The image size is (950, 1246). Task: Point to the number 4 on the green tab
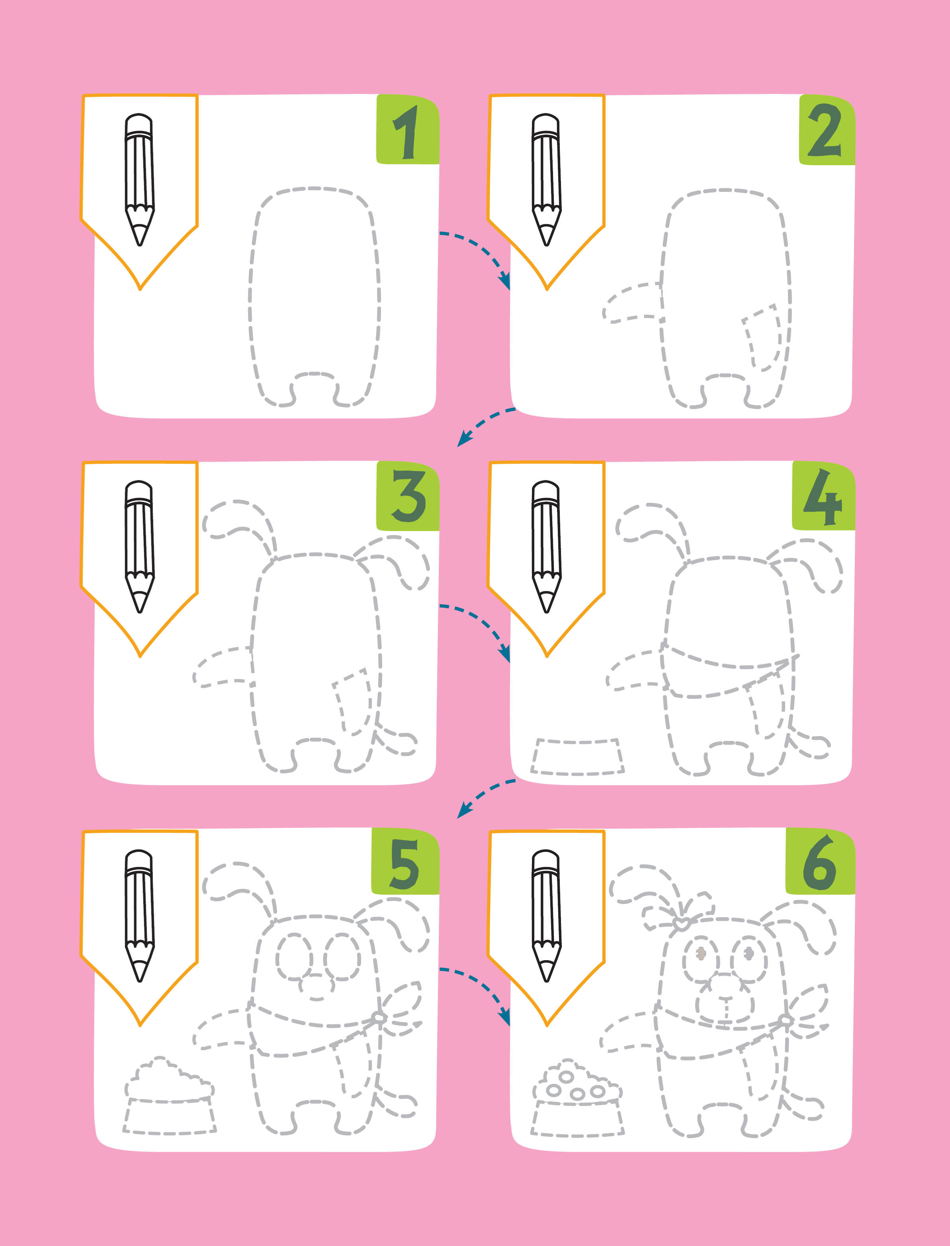(x=823, y=497)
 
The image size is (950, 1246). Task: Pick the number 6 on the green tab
(x=819, y=863)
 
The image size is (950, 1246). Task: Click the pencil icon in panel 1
(x=139, y=180)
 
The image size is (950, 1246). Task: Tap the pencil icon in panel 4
(x=546, y=547)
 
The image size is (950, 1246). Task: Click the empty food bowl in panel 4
(x=577, y=756)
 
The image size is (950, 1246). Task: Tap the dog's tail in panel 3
(x=396, y=740)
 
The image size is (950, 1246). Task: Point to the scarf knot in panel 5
(x=379, y=1018)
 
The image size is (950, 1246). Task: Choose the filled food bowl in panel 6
(x=577, y=1098)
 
